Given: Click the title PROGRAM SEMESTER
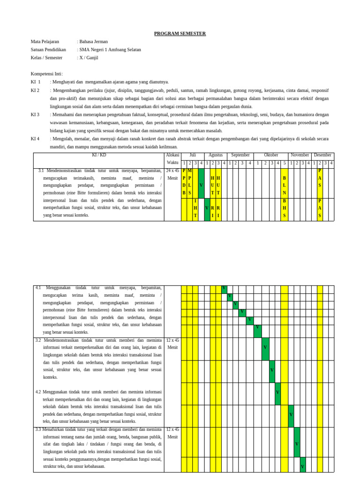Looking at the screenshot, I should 180,33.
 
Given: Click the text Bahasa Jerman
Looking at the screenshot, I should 94,41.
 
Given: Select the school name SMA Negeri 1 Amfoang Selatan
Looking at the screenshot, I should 111,49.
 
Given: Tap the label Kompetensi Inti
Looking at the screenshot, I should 46,74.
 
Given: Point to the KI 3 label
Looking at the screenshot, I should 35,114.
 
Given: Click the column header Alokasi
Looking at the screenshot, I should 172,155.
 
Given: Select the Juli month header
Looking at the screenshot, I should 193,155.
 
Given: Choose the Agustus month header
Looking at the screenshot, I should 216,155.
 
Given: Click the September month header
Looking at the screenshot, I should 240,155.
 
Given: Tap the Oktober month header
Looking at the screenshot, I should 271,155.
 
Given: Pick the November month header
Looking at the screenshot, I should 300,155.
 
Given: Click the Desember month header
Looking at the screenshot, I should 322,155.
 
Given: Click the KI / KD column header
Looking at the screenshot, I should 98,155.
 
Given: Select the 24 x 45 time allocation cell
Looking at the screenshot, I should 172,171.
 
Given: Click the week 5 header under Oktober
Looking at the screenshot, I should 285,163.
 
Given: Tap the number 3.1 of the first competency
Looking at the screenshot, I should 41,171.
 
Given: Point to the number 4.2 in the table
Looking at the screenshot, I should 38,392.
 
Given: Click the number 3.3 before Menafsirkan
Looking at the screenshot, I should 38,429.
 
